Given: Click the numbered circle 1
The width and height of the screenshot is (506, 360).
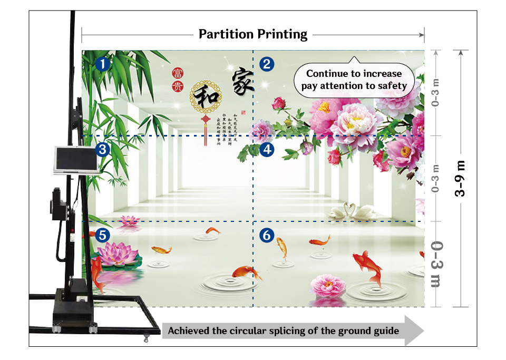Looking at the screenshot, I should (x=103, y=65).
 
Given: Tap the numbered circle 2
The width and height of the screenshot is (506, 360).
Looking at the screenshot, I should (x=267, y=65).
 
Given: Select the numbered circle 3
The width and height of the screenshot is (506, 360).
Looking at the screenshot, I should (x=103, y=150).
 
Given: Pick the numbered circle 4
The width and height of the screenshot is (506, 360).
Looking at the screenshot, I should (x=267, y=150).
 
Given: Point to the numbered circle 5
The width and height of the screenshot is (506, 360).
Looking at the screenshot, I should (x=103, y=235).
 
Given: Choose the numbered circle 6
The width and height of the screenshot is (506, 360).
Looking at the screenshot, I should (x=267, y=235).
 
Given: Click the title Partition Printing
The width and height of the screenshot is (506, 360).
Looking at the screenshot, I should (x=253, y=35).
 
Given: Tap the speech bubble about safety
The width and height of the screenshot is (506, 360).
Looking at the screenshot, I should (x=354, y=80).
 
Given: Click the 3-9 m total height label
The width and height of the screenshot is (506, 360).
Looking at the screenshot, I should (x=460, y=178).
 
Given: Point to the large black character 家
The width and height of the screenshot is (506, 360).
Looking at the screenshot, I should (x=242, y=82).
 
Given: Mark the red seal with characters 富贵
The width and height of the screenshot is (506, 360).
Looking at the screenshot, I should (x=177, y=80).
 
